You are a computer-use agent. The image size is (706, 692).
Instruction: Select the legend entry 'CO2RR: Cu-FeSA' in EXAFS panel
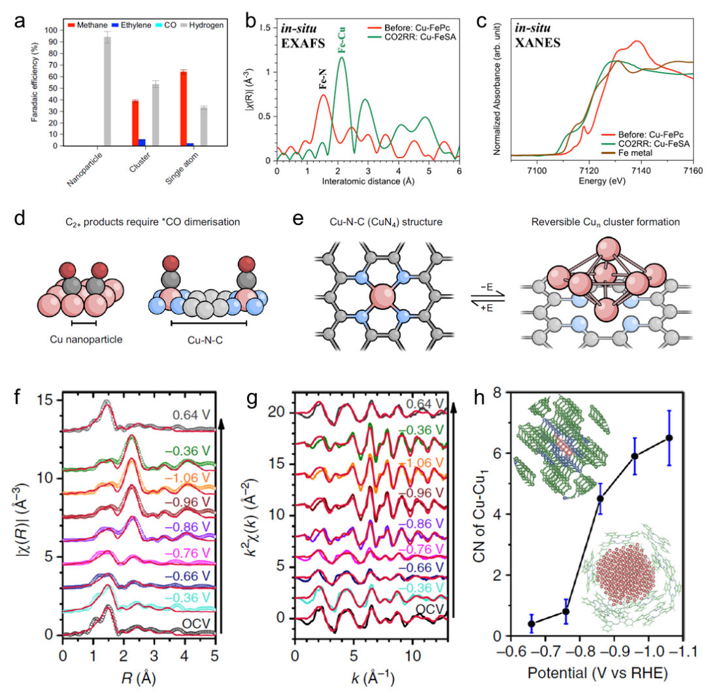coord(416,37)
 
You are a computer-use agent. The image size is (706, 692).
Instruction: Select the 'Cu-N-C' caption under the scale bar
coord(209,339)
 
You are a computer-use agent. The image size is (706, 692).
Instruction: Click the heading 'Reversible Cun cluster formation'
coord(605,222)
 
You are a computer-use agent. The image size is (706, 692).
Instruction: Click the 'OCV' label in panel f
coord(195,623)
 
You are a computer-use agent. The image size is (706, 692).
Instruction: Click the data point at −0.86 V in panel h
coord(600,498)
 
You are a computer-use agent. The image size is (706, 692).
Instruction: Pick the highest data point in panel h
coord(669,438)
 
